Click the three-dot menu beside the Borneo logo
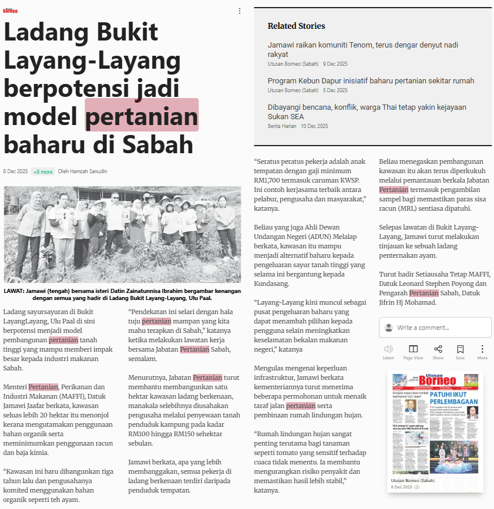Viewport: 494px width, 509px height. coord(239,11)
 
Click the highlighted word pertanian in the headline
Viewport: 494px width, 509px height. coord(142,115)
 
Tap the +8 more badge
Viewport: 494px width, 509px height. coord(43,171)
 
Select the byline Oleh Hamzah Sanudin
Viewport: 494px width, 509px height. coord(82,171)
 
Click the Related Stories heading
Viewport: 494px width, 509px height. coord(296,26)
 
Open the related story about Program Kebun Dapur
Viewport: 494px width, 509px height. coord(371,80)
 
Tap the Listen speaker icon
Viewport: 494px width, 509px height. coord(388,349)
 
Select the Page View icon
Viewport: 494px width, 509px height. coord(413,349)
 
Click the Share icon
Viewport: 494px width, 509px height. coord(438,349)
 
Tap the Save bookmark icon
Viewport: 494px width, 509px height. coord(460,349)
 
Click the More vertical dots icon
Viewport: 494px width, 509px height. coord(482,349)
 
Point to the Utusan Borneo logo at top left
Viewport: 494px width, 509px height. coord(11,10)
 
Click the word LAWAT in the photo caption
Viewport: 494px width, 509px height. coord(14,291)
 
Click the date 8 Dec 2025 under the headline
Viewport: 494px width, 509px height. coord(15,171)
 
